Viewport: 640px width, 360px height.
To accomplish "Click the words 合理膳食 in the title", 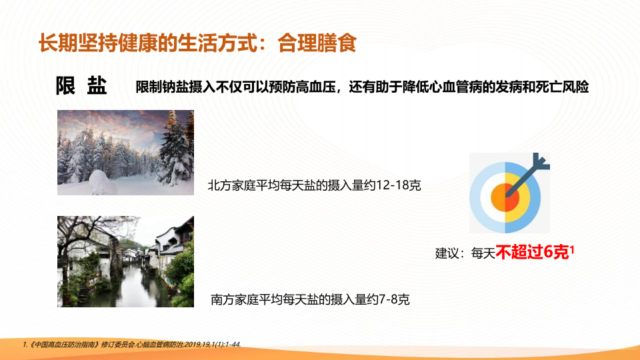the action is (317, 43).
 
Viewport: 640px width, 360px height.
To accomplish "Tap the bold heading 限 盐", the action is (81, 86).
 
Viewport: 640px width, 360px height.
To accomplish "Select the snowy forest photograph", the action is (126, 152).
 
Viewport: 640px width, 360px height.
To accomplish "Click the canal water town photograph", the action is (126, 261).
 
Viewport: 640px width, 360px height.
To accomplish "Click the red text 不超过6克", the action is (532, 252).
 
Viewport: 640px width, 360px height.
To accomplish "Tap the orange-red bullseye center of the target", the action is (505, 198).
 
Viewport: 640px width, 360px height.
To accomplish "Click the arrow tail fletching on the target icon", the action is (541, 161).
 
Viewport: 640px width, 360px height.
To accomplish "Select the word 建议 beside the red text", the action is (447, 253).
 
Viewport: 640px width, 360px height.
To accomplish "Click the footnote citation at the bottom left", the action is (132, 345).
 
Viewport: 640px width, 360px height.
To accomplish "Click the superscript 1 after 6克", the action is (572, 249).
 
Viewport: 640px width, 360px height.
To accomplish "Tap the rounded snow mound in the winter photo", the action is (103, 182).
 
